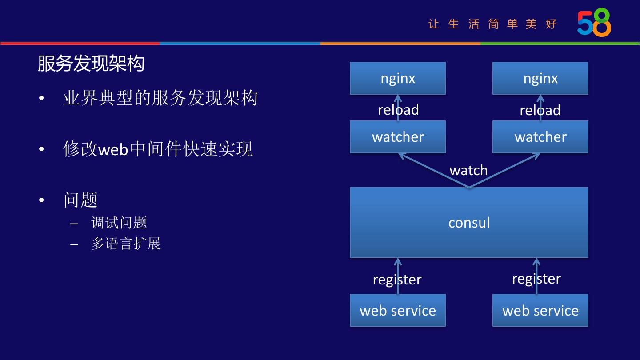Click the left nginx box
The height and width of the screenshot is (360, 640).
click(x=398, y=78)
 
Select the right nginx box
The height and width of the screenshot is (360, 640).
click(x=540, y=78)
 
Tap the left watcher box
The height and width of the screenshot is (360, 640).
click(x=398, y=137)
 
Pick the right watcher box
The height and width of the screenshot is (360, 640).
click(x=540, y=137)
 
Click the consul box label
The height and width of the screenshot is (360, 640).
click(x=469, y=222)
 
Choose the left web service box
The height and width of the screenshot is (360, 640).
click(x=398, y=310)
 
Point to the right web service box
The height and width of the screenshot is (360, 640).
click(x=540, y=310)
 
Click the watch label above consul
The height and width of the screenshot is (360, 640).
click(x=468, y=170)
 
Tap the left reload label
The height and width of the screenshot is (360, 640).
click(x=398, y=110)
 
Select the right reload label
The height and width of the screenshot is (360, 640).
click(x=540, y=110)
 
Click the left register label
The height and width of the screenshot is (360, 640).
click(x=397, y=280)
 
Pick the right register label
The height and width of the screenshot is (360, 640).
click(x=536, y=279)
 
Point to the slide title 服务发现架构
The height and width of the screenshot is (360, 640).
click(x=91, y=64)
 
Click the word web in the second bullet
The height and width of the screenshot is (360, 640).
click(x=113, y=149)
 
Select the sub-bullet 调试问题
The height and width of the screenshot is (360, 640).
click(x=119, y=222)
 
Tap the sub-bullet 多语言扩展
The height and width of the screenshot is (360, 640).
click(x=126, y=243)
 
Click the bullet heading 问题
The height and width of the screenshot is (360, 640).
click(x=80, y=200)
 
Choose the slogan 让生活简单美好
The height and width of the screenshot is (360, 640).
click(x=492, y=24)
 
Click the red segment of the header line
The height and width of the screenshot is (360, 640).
click(x=80, y=44)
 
